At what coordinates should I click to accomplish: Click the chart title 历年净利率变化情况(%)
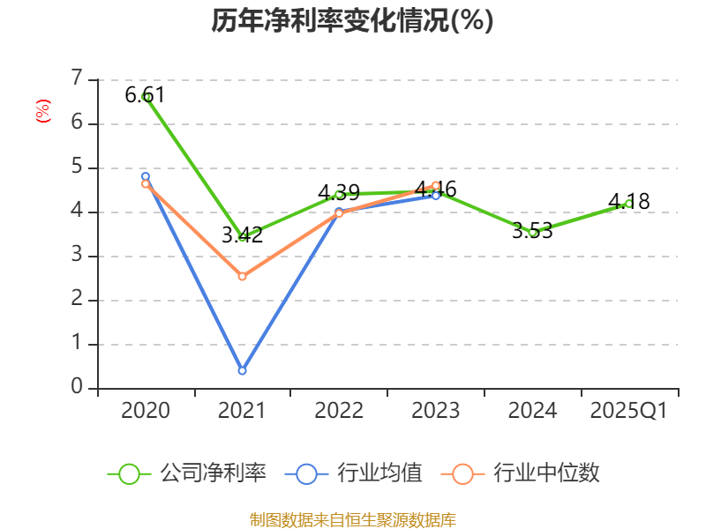(352, 21)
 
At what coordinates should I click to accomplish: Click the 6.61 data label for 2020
(145, 95)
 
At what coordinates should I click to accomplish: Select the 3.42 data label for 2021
(242, 235)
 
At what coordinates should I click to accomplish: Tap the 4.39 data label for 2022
(339, 192)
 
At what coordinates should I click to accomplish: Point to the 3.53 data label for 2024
(533, 231)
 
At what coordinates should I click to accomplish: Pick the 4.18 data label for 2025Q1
(629, 202)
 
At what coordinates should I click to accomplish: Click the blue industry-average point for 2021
(242, 370)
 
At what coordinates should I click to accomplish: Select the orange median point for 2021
(242, 277)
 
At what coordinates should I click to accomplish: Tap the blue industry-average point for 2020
(146, 176)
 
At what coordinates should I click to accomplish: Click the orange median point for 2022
(339, 213)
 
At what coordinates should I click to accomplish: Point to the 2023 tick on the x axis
(436, 411)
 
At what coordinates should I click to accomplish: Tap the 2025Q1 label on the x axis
(629, 411)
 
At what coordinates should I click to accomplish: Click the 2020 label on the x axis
(146, 411)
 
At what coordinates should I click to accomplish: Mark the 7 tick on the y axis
(77, 78)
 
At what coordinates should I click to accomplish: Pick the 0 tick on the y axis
(77, 388)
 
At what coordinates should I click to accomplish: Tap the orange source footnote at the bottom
(352, 519)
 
